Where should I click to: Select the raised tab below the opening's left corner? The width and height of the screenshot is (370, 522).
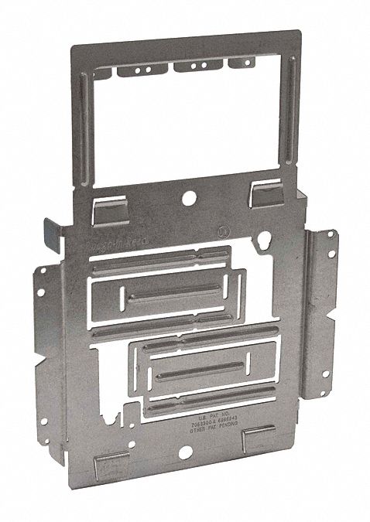click(x=105, y=210)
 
